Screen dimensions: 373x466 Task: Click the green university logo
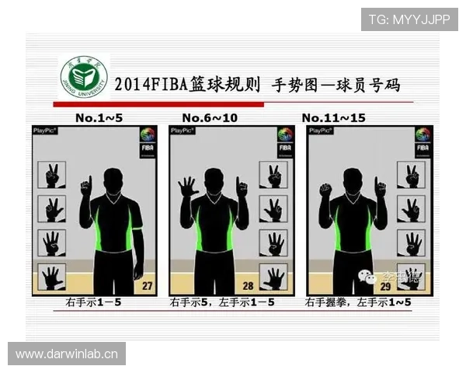click(x=84, y=77)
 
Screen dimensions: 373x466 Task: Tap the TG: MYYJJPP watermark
click(x=409, y=19)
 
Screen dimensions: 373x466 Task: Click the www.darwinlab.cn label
click(x=68, y=354)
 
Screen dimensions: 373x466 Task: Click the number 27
click(x=146, y=286)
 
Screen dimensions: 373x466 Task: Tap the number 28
click(x=250, y=286)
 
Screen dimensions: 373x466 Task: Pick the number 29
click(x=385, y=286)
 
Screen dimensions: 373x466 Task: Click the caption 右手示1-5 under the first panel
click(x=94, y=302)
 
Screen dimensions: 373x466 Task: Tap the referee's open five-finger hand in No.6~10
click(x=186, y=187)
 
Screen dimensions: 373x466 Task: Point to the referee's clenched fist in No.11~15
click(x=325, y=190)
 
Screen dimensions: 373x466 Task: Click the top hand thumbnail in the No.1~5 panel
click(x=52, y=175)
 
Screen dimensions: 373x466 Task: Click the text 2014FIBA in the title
click(x=151, y=84)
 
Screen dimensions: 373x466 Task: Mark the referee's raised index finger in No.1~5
click(x=87, y=183)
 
